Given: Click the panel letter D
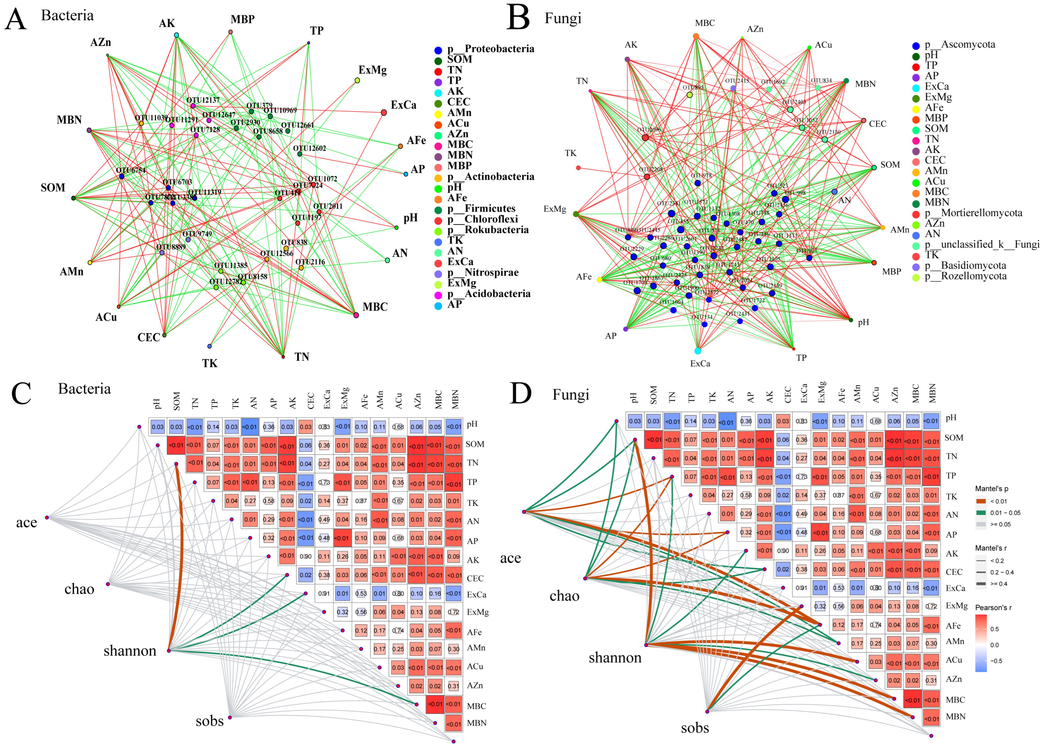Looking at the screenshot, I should click(521, 394).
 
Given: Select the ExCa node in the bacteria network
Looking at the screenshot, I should click(384, 112).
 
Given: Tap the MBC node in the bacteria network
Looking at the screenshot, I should click(356, 315).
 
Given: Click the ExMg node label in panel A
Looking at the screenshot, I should click(372, 70).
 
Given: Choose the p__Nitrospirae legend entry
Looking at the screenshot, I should click(483, 273).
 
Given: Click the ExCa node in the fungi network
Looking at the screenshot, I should click(698, 351).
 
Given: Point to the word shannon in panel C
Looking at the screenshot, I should click(130, 651).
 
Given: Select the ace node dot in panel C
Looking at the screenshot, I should click(47, 517).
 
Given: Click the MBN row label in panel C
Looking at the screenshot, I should click(476, 723).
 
